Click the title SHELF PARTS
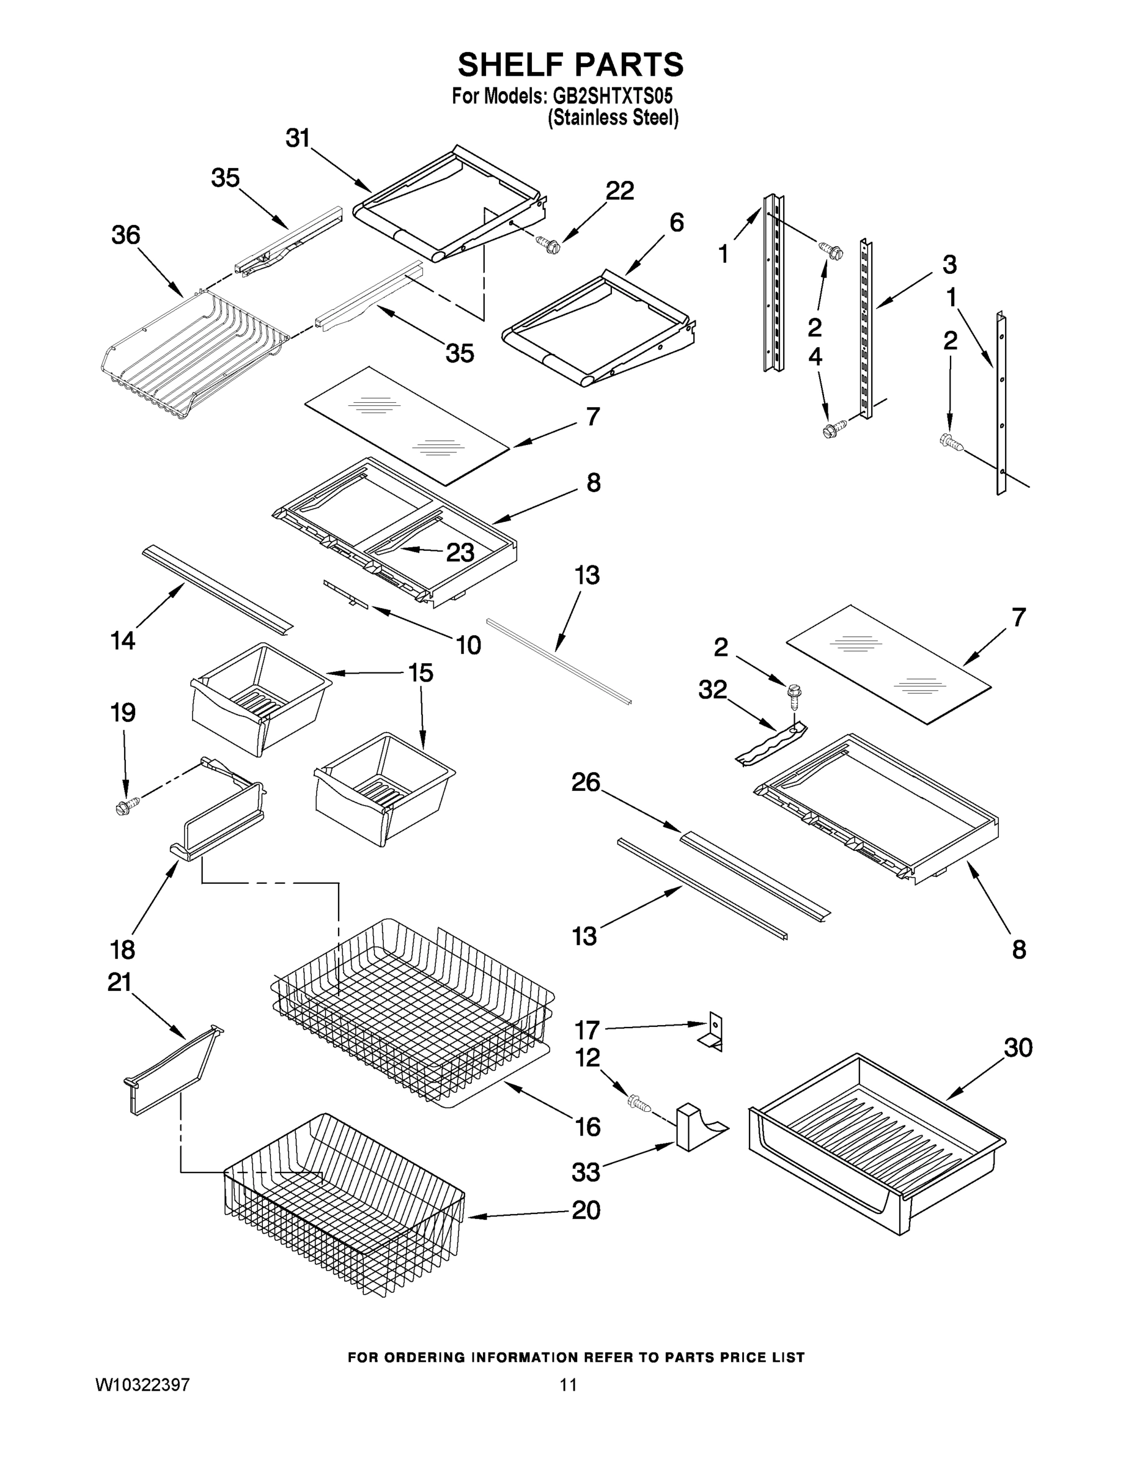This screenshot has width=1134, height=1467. (570, 65)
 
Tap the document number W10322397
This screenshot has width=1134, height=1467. (142, 1384)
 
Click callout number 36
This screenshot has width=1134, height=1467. (126, 235)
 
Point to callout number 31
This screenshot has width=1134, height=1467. (298, 138)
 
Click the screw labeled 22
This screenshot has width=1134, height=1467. (550, 245)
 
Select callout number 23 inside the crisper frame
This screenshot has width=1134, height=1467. (460, 552)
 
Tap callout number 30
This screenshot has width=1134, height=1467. (1018, 1047)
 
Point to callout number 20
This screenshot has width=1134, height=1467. (586, 1210)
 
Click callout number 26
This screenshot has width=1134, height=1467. (585, 782)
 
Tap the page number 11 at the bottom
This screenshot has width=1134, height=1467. (569, 1384)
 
